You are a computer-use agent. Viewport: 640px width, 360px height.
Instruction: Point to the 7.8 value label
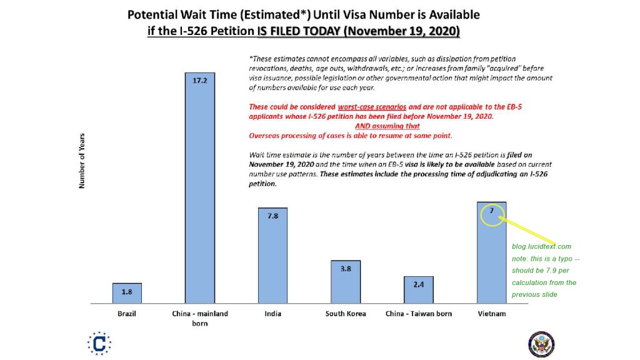pyautogui.click(x=272, y=216)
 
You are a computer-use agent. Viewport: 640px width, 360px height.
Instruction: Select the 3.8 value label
pyautogui.click(x=346, y=269)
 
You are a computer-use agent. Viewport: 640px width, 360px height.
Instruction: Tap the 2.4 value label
pyautogui.click(x=418, y=284)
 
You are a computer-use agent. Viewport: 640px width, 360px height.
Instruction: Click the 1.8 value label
pyautogui.click(x=127, y=292)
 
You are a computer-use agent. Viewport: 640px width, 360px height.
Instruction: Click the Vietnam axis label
pyautogui.click(x=492, y=314)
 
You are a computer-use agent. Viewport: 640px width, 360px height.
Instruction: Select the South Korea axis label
pyautogui.click(x=346, y=314)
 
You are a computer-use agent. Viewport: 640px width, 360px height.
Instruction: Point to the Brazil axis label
pyautogui.click(x=127, y=314)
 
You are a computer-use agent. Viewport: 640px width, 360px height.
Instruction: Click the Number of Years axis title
pyautogui.click(x=82, y=161)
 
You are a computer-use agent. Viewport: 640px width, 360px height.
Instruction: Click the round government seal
pyautogui.click(x=541, y=344)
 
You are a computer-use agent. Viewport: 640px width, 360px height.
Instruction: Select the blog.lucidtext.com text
pyautogui.click(x=541, y=247)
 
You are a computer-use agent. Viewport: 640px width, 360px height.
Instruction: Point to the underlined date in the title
pyautogui.click(x=401, y=31)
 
